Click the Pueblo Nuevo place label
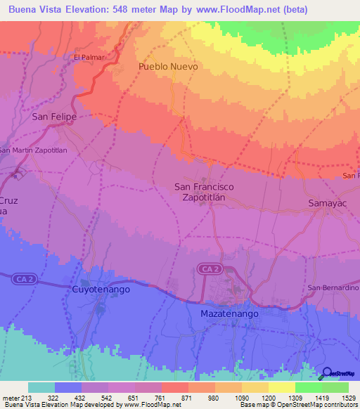click(x=168, y=66)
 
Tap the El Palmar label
click(x=89, y=57)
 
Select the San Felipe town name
click(x=54, y=117)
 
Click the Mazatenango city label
click(x=229, y=313)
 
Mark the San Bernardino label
click(x=333, y=288)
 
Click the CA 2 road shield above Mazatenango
click(x=209, y=269)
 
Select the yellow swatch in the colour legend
click(x=281, y=387)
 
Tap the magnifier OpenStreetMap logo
click(x=327, y=373)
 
